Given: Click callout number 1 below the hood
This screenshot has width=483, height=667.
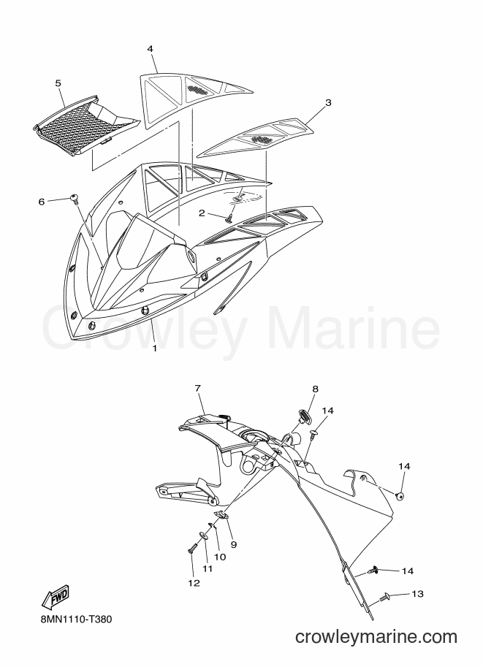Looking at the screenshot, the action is click(x=154, y=348).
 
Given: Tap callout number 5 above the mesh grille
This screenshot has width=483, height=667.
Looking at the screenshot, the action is click(x=58, y=83).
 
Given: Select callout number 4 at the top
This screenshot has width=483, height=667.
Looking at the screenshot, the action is click(x=150, y=49).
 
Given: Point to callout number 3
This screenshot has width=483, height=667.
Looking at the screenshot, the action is click(x=327, y=102).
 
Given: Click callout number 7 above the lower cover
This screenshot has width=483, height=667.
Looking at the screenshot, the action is click(x=198, y=388).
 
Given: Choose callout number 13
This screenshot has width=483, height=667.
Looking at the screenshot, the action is click(x=418, y=593).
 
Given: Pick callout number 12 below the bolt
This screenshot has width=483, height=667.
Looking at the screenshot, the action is click(x=194, y=583).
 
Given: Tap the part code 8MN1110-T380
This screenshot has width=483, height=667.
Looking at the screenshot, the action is click(x=74, y=619).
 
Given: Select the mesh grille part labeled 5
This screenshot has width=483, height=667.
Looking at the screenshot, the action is click(x=87, y=126).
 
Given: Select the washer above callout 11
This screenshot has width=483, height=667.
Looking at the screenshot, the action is click(x=205, y=535).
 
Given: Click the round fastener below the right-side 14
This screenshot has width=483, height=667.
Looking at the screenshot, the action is click(x=400, y=495).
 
